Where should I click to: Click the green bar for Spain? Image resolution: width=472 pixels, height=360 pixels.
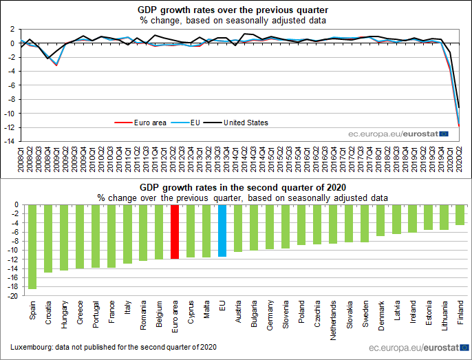click(x=32, y=246)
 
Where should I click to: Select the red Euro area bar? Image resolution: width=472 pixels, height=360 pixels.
click(x=175, y=231)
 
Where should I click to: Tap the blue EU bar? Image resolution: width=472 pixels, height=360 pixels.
click(x=222, y=231)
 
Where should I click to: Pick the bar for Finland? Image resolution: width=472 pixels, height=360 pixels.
click(x=460, y=215)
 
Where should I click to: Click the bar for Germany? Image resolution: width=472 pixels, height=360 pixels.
click(x=270, y=226)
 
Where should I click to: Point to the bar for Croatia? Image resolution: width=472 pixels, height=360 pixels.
click(x=48, y=238)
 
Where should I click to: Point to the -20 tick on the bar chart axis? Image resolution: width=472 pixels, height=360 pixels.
click(x=12, y=297)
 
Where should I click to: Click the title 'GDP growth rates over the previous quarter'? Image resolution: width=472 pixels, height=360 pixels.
click(x=233, y=10)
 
